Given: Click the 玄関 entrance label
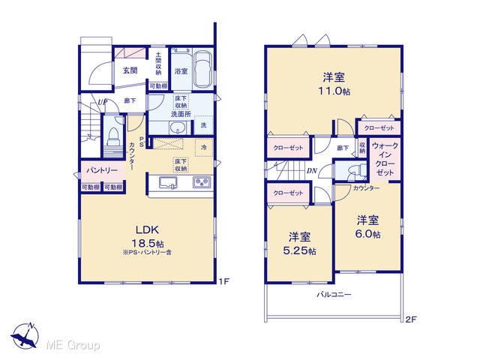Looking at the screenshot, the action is pyautogui.click(x=130, y=70).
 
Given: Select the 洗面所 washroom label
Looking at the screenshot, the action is pyautogui.click(x=181, y=114).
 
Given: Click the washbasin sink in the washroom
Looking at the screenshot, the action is pyautogui.click(x=177, y=127).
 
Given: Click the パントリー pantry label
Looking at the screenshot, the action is pyautogui.click(x=102, y=170).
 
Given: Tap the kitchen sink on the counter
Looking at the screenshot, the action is pyautogui.click(x=168, y=183).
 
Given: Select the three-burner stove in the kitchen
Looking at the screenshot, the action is pyautogui.click(x=202, y=182).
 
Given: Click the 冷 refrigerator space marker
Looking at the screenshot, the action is pyautogui.click(x=203, y=147).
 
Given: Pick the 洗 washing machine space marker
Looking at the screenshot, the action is pyautogui.click(x=203, y=125).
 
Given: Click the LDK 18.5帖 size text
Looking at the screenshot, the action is pyautogui.click(x=147, y=244).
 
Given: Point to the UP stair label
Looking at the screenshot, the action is pyautogui.click(x=102, y=102).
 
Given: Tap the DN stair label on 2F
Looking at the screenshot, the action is pyautogui.click(x=312, y=171).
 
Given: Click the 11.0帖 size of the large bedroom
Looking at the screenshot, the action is pyautogui.click(x=334, y=91).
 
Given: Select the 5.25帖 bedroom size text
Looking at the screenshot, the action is pyautogui.click(x=300, y=250).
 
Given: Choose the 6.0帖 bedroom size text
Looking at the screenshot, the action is pyautogui.click(x=367, y=234).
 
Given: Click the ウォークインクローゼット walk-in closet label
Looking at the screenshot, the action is pyautogui.click(x=385, y=159).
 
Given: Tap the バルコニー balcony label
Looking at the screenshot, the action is pyautogui.click(x=334, y=295).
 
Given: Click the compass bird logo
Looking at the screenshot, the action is pyautogui.click(x=25, y=336).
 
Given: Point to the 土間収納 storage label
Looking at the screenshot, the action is pyautogui.click(x=158, y=64).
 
